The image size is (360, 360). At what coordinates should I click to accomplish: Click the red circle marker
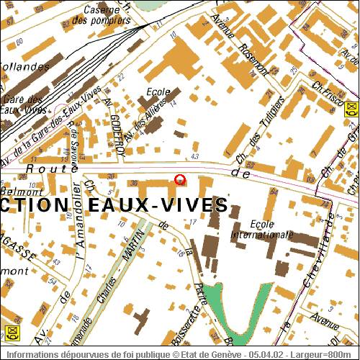point(180,179)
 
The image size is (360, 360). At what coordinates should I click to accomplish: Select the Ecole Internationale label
point(262,229)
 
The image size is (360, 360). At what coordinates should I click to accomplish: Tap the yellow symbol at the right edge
point(351,109)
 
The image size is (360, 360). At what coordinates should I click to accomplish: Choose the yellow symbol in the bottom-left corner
point(11,332)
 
